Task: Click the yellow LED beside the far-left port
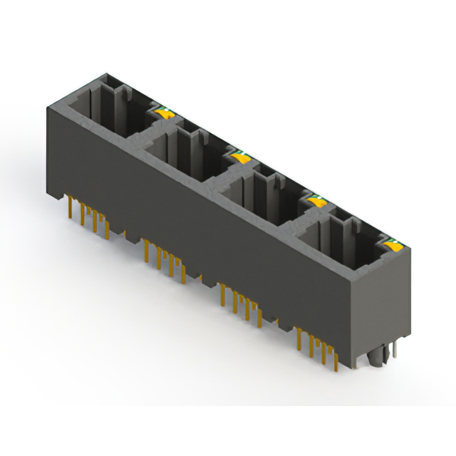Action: pyautogui.click(x=163, y=112)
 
